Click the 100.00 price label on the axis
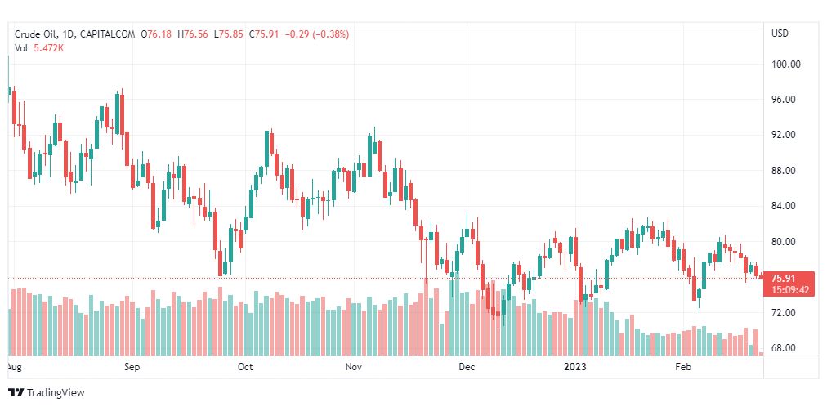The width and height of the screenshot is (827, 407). [785, 65]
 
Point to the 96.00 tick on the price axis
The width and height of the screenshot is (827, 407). [785, 100]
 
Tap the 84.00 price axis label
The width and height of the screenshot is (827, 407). [785, 206]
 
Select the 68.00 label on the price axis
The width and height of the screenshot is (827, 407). [785, 348]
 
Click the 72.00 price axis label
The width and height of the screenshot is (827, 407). [785, 313]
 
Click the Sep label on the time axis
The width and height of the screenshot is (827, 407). [132, 368]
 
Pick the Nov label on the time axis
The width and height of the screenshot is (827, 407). [353, 368]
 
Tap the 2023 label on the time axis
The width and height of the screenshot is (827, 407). [575, 368]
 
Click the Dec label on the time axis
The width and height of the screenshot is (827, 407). [467, 368]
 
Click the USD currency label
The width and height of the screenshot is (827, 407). [780, 34]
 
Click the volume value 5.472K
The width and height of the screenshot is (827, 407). [49, 48]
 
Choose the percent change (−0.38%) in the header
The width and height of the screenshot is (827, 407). [329, 34]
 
